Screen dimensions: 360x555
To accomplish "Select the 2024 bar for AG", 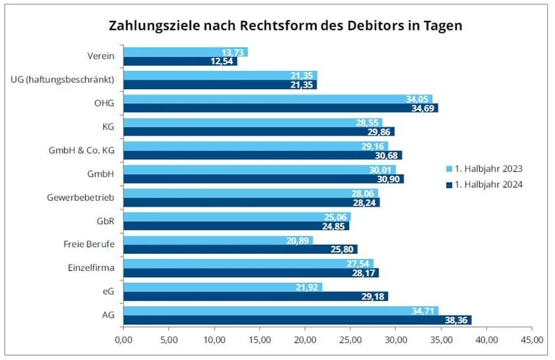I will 297,320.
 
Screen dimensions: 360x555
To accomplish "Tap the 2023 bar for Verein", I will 186,52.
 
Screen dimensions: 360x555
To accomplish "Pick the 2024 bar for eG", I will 255,296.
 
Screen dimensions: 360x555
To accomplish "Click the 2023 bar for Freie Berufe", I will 218,240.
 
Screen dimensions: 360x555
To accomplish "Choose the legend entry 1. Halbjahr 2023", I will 489,168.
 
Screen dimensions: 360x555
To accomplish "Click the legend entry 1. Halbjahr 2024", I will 489,184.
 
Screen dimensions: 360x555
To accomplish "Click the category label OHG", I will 104,103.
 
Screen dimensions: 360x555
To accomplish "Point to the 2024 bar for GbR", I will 236,226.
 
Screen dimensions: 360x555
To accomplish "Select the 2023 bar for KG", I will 253,122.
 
